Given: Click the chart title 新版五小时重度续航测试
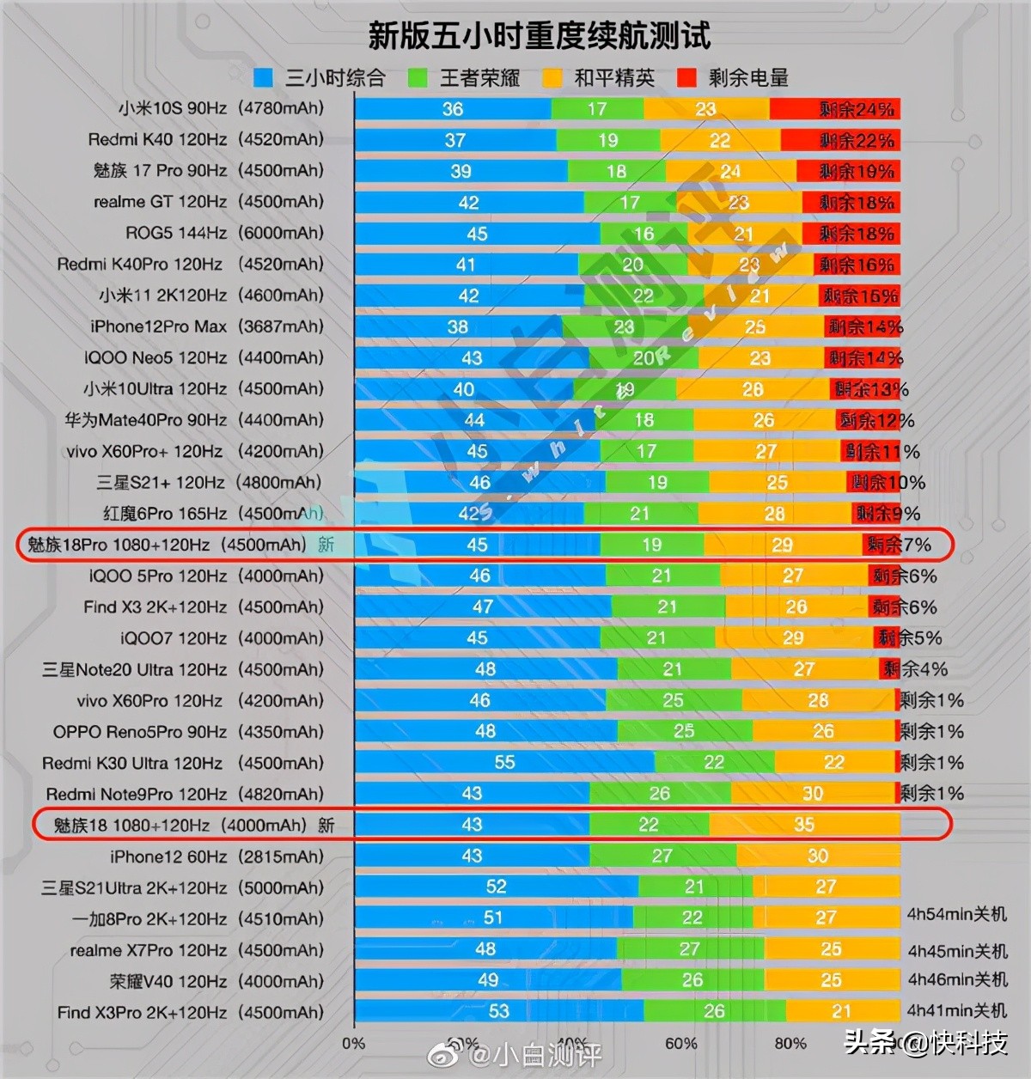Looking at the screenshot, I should (x=539, y=35).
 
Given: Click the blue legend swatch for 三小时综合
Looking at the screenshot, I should (x=263, y=78).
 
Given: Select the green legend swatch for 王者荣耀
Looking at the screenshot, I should (x=418, y=78).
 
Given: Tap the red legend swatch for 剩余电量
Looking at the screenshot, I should (x=686, y=78).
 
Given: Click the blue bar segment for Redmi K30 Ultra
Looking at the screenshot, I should (x=504, y=763).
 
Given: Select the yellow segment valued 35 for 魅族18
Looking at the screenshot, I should (x=804, y=825).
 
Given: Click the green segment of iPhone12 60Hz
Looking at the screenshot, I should (x=662, y=856).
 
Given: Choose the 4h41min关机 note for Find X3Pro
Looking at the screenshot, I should (x=957, y=1010).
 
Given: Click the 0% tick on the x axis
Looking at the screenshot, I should (x=353, y=1043).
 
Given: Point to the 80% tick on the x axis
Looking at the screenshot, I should (x=790, y=1043).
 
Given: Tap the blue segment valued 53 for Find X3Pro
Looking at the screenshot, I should (x=498, y=1011).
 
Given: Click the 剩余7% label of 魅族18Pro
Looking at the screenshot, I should (x=899, y=545).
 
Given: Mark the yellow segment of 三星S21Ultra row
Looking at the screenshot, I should (x=826, y=887).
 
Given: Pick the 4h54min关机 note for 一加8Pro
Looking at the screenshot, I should (x=957, y=914).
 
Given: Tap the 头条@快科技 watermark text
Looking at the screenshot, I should (x=925, y=1043).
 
